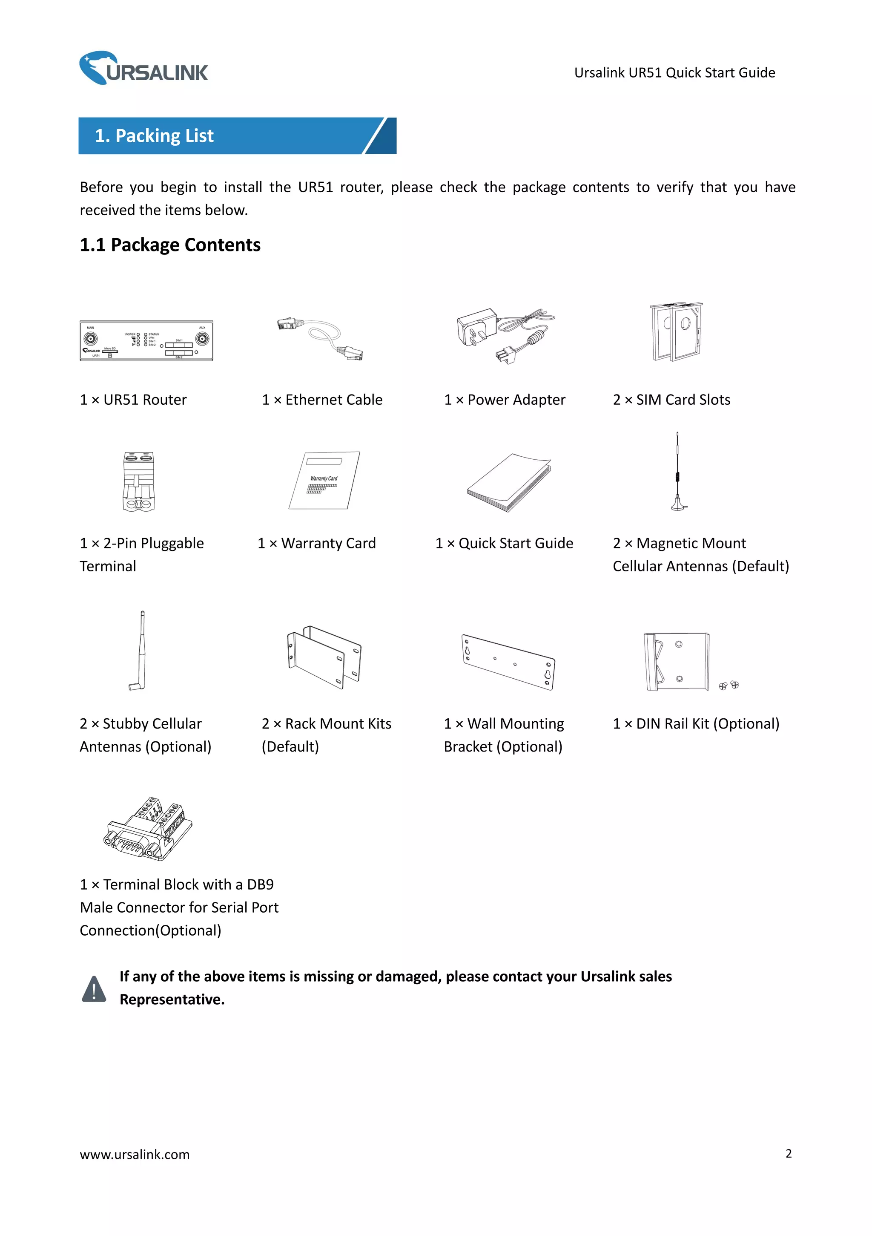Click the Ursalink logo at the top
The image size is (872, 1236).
click(x=143, y=68)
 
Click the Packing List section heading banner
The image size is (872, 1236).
click(x=237, y=135)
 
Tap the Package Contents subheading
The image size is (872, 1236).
click(x=170, y=245)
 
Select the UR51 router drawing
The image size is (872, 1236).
click(x=146, y=341)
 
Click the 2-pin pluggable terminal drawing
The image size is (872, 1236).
click(x=139, y=481)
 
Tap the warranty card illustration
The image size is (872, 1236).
click(x=324, y=480)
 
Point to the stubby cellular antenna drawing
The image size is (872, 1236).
click(x=139, y=651)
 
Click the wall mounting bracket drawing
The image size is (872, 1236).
click(x=508, y=662)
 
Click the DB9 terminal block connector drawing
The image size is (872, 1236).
click(x=148, y=829)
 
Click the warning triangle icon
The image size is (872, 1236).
click(x=94, y=989)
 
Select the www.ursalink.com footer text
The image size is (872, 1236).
click(x=135, y=1154)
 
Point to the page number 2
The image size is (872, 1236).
click(x=788, y=1153)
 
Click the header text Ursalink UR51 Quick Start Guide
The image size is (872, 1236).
click(x=674, y=73)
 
